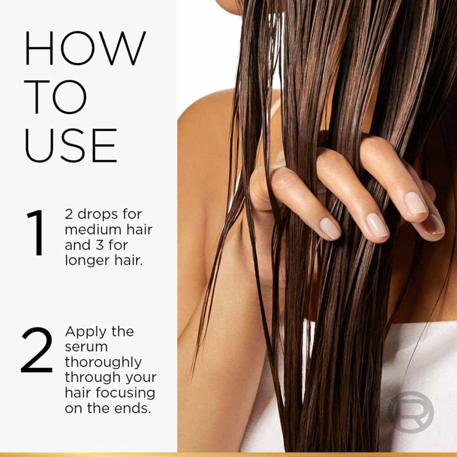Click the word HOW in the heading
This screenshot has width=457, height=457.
(x=85, y=49)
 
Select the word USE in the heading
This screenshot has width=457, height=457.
(x=71, y=146)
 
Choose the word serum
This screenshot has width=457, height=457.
(x=86, y=347)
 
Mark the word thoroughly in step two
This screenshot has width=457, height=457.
(x=103, y=362)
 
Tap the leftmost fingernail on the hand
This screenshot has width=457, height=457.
(x=330, y=228)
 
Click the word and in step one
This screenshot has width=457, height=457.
(x=77, y=245)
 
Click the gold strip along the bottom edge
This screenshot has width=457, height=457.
(x=228, y=455)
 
